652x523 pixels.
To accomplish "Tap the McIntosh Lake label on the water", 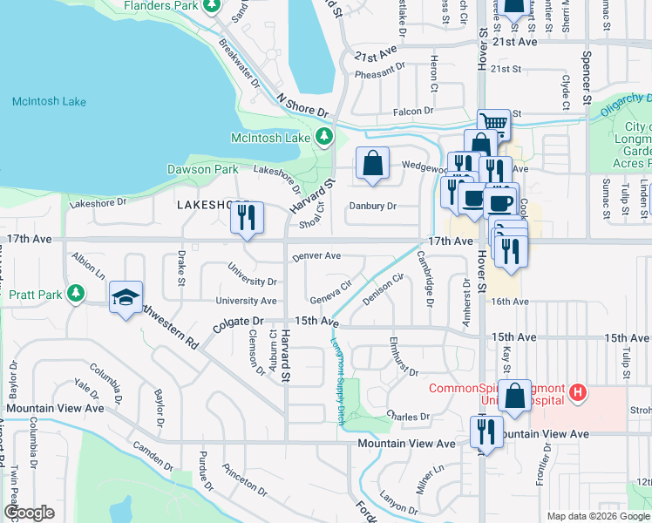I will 49,102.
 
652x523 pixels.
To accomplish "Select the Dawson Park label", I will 202,169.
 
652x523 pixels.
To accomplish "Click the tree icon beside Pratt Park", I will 78,294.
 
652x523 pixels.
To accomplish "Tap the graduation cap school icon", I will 126,297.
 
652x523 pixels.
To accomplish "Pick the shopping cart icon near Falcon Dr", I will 494,124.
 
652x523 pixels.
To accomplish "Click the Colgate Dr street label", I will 238,327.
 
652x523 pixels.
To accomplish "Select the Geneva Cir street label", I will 330,287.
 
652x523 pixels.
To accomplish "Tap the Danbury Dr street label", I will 372,207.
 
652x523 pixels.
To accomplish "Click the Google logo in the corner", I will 29,512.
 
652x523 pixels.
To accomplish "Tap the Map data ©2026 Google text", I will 597,516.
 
